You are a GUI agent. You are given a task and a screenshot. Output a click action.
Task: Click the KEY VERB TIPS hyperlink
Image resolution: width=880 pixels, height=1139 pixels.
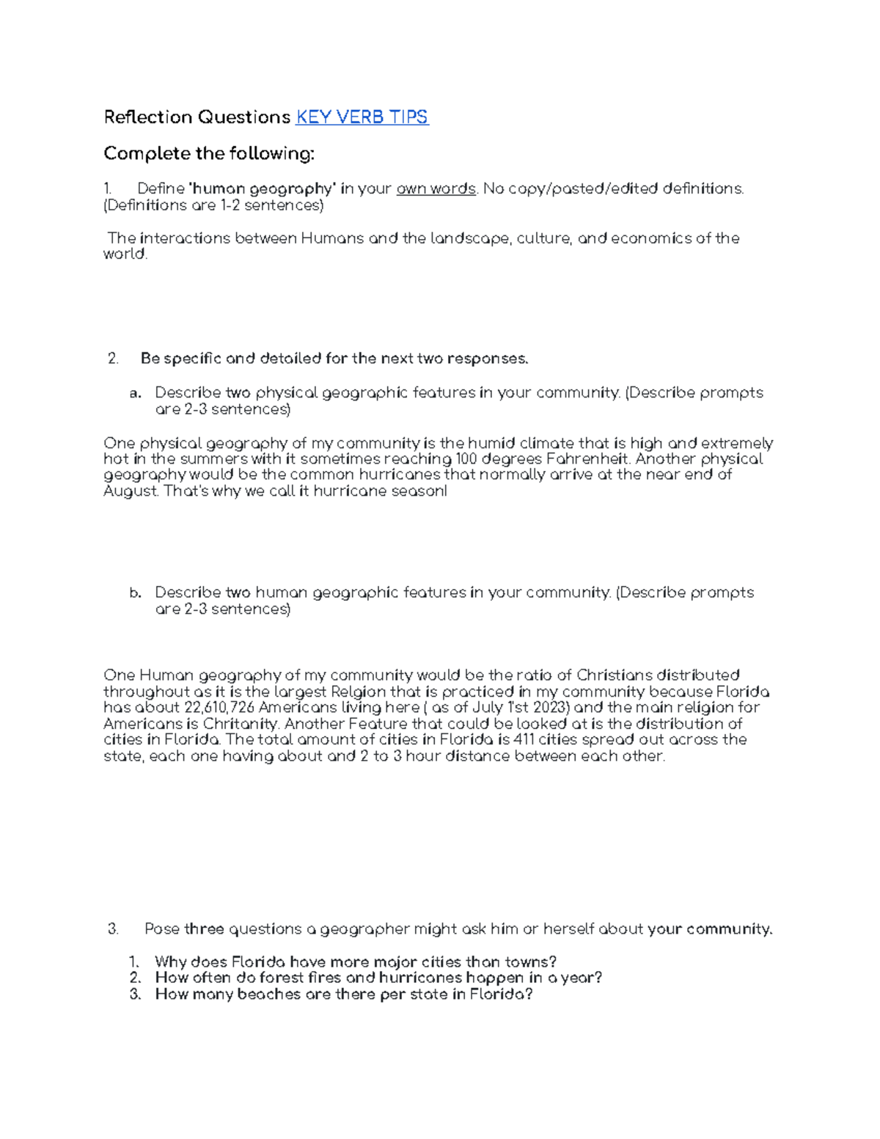pos(362,117)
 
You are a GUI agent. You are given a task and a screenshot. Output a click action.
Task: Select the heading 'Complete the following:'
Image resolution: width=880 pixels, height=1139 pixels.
pos(209,153)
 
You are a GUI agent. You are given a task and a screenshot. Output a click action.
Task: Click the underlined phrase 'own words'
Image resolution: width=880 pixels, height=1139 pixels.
pos(436,188)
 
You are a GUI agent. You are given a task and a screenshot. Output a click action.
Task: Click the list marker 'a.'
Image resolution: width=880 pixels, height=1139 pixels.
pos(135,393)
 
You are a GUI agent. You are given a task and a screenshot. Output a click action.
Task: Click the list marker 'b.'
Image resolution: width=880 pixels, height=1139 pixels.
pos(135,593)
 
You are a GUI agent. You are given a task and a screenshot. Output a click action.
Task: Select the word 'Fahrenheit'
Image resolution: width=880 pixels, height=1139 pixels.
pos(588,459)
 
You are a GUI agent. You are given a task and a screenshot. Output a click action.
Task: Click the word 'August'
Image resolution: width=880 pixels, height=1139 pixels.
pos(130,491)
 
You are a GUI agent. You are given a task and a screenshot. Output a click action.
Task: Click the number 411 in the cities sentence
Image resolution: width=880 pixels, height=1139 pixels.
pos(524,739)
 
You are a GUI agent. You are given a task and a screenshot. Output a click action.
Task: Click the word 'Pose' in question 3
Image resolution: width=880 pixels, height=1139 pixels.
pos(162,929)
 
